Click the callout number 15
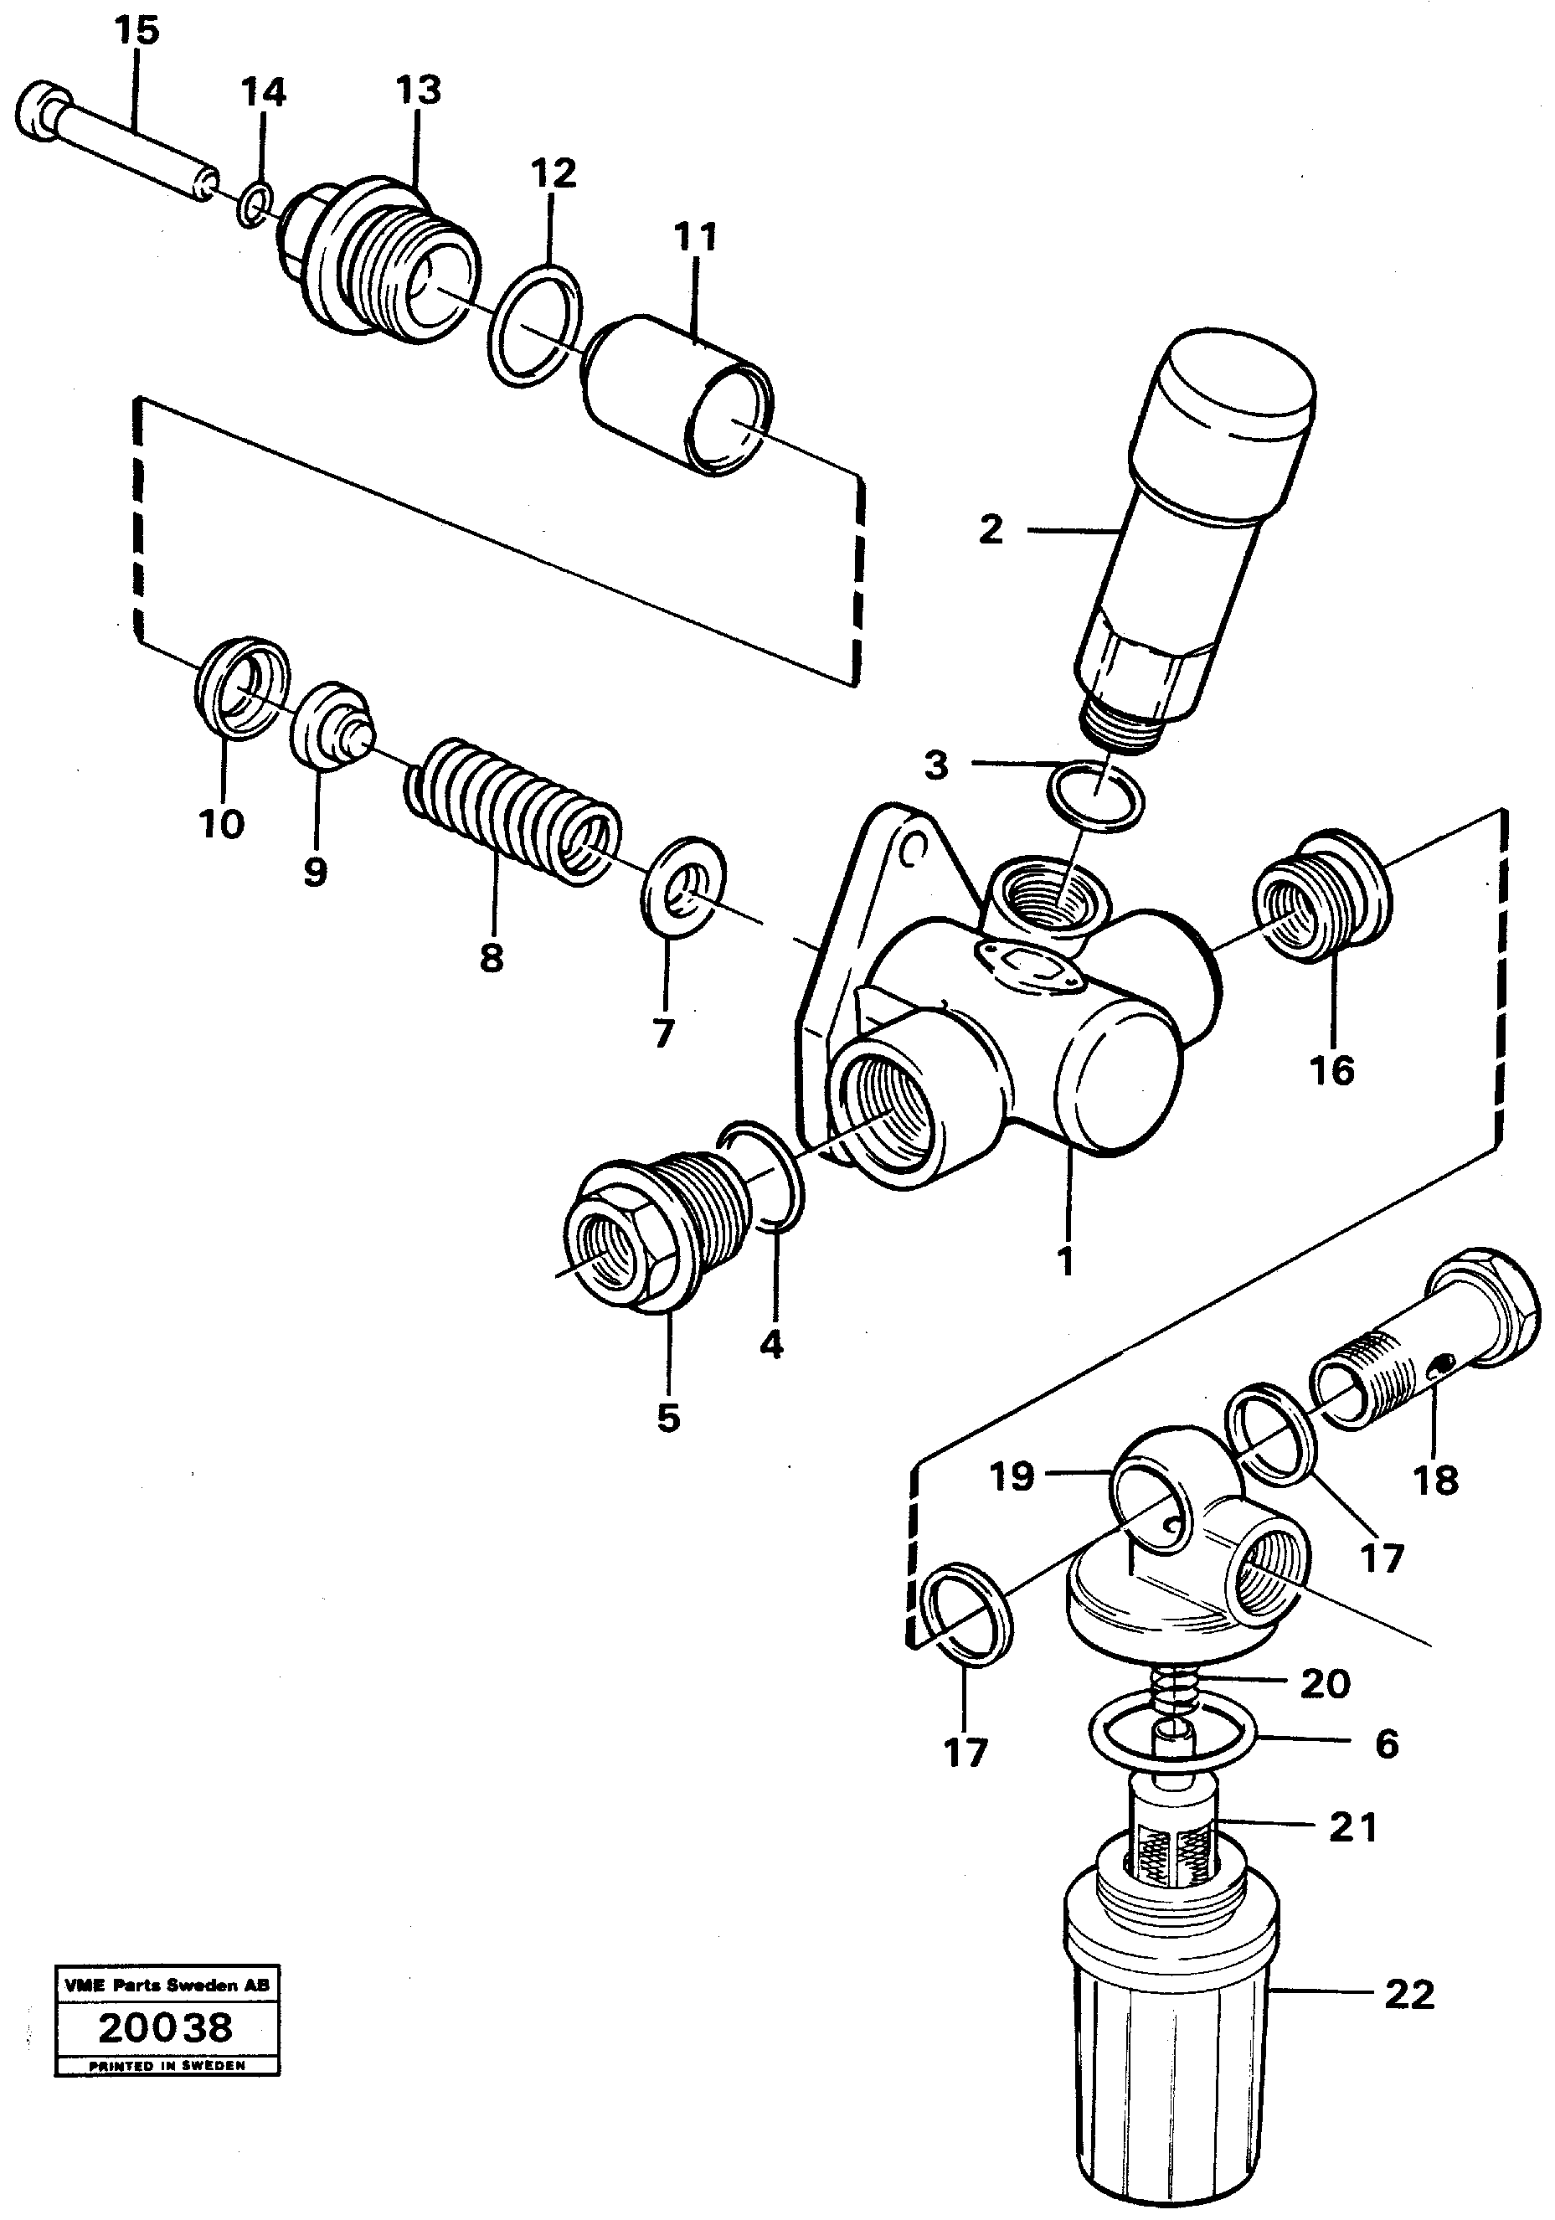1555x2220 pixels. coord(136,31)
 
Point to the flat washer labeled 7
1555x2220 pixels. coord(683,887)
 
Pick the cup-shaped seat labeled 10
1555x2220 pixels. coord(242,688)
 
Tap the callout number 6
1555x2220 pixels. coord(1386,1744)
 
